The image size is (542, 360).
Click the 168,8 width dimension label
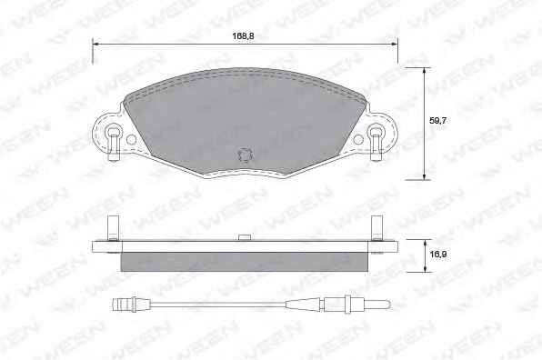pos(244,36)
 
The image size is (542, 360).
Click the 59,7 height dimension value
pos(438,121)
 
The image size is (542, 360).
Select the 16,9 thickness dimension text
pos(438,255)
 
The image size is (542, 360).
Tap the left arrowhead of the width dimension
pos(95,45)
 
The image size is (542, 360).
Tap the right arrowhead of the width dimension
pos(394,45)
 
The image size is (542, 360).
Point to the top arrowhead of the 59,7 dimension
pos(425,71)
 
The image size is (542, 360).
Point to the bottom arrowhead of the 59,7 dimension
pos(425,176)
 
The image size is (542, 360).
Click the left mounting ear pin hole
pos(113,132)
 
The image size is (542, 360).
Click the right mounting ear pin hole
pos(376,132)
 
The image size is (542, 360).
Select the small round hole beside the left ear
pos(131,140)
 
